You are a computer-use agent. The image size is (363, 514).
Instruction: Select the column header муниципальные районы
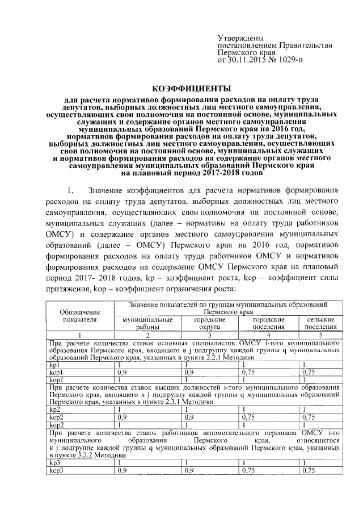[x=147, y=324]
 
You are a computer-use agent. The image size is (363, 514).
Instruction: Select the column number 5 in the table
[x=321, y=335]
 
